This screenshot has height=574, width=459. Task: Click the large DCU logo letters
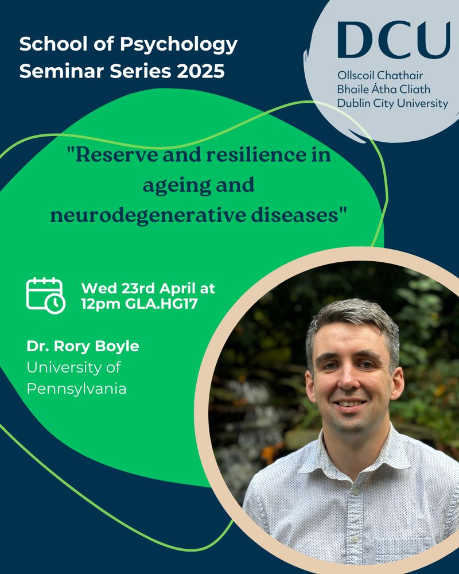tap(394, 40)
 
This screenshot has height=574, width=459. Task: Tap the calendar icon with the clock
tap(45, 296)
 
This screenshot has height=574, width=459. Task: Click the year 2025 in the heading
tap(201, 71)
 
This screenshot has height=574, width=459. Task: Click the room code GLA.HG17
tap(161, 304)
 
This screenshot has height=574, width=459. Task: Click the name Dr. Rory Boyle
tap(83, 346)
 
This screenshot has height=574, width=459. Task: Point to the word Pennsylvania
tap(76, 389)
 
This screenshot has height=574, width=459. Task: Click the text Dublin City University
tap(392, 103)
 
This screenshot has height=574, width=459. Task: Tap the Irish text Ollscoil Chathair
tap(380, 75)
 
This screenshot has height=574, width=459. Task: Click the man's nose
tap(349, 381)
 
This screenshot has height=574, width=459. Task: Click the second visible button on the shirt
tap(355, 539)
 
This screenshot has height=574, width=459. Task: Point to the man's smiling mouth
tap(349, 404)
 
